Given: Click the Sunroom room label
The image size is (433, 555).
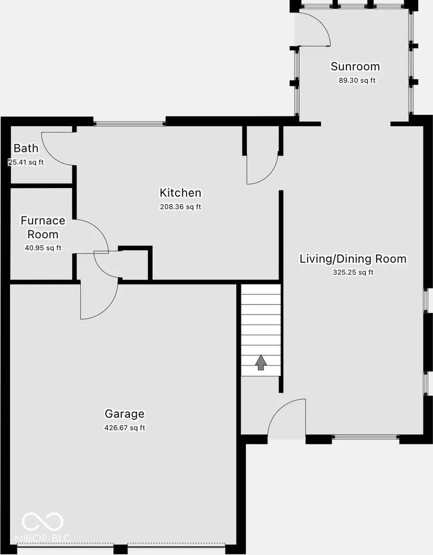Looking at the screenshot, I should point(355,66).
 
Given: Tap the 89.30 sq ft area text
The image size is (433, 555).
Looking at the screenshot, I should point(357,81).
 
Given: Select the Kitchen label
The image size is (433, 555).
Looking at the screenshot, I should point(180,193).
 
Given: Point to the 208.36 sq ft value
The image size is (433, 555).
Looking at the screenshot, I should point(180,207).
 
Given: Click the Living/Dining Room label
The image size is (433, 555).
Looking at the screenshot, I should point(353,259).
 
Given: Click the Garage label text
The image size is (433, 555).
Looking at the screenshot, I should point(125,414).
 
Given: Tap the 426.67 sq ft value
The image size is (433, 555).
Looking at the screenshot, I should point(125,428).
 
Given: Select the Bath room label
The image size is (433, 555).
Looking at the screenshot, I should point(26,148).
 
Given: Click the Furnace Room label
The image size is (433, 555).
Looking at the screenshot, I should point(43,227).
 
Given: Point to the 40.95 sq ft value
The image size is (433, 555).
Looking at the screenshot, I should point(43,248).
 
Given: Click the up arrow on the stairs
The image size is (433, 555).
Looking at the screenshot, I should point(261,363).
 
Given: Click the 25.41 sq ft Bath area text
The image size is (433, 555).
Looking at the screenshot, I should point(26,163).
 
